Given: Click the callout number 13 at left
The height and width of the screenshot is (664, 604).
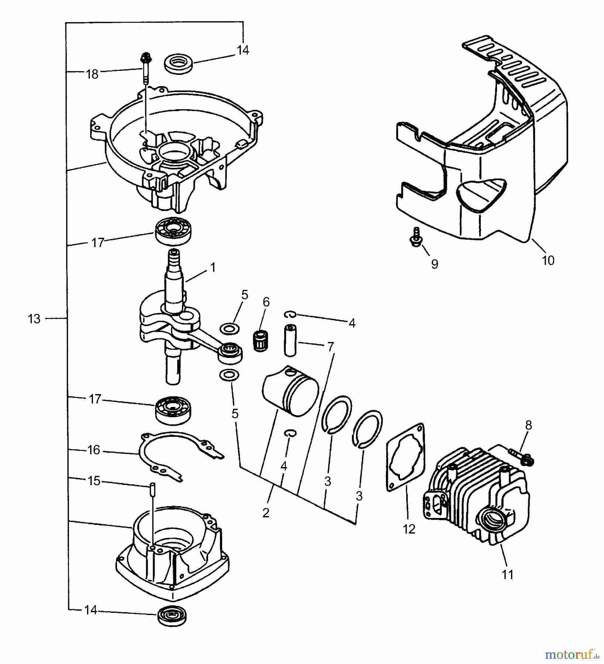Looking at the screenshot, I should click(34, 318).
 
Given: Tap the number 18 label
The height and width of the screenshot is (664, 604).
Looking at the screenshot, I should click(92, 74).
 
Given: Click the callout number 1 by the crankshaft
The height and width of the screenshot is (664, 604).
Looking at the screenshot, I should click(213, 267).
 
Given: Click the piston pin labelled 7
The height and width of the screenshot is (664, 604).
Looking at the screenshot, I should click(290, 340).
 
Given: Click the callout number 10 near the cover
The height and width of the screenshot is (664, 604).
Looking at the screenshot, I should click(548, 260).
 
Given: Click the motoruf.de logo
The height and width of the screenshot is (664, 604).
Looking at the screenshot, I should click(572, 654).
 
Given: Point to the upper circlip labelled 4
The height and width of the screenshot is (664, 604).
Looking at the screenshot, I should click(291, 314).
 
